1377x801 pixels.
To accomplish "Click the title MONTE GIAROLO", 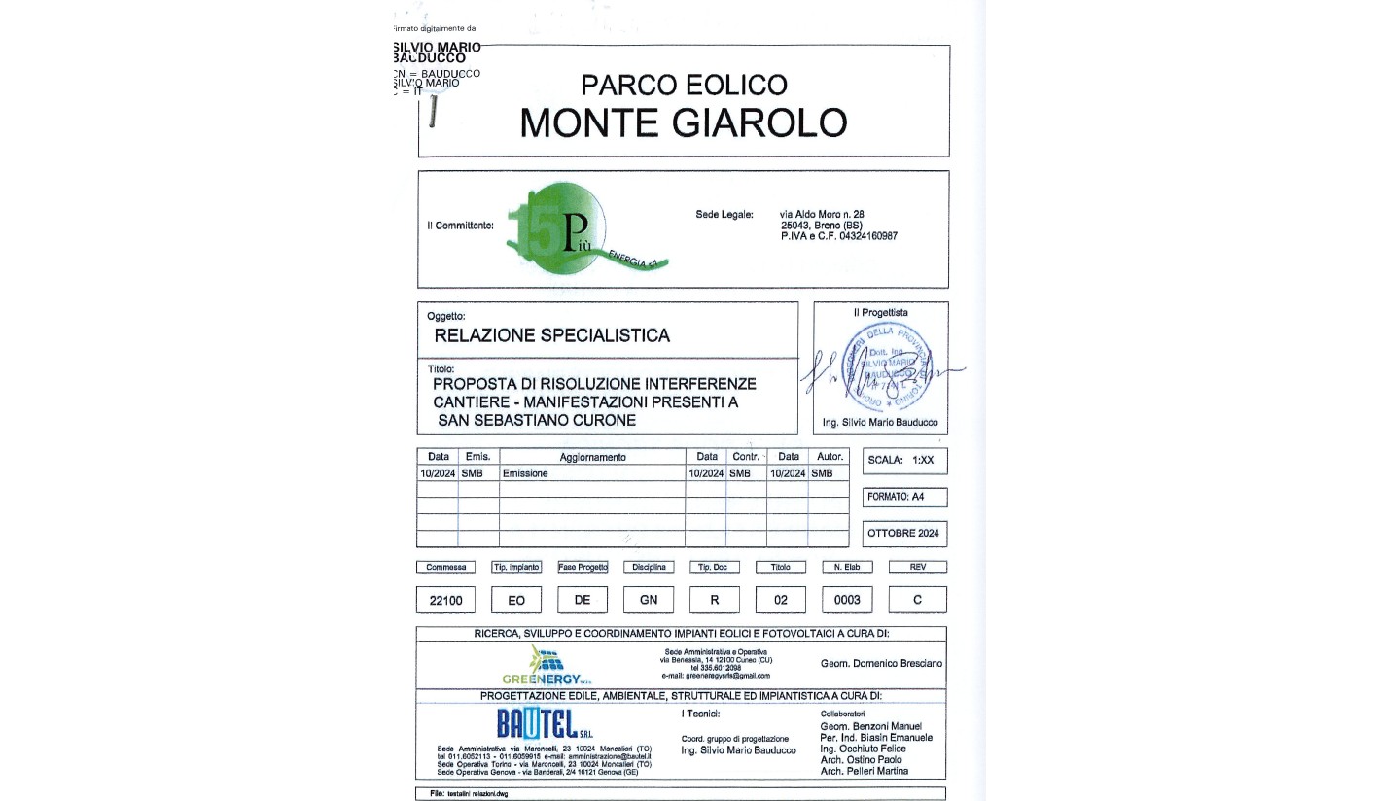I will click(683, 123).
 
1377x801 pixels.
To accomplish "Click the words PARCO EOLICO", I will click(683, 85).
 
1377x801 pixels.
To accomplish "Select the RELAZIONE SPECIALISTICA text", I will click(551, 335).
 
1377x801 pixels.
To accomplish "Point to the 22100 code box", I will click(445, 600).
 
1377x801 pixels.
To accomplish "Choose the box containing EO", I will click(516, 600).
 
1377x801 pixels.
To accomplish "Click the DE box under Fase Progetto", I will click(583, 600).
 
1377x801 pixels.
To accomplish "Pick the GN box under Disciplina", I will click(649, 600).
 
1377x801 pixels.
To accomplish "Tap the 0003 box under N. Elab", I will click(847, 600).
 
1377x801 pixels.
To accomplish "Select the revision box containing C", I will click(917, 600).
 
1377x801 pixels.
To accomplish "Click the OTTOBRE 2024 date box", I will click(903, 533).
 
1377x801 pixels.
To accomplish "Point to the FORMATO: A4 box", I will click(903, 497).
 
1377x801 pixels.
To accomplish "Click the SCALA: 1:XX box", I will click(903, 461).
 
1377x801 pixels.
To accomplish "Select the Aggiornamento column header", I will click(592, 457).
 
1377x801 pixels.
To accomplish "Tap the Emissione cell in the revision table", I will click(525, 473).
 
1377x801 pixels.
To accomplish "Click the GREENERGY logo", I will click(542, 666).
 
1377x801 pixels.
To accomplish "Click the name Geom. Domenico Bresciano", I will click(881, 663).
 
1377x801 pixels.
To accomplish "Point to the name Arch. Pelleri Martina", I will click(864, 771).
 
